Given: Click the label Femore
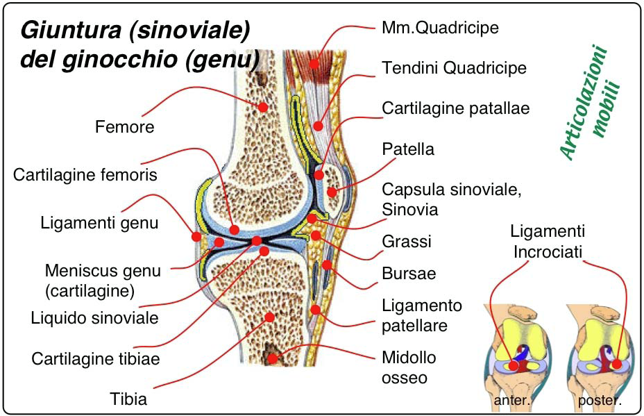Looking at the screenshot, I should (x=124, y=127).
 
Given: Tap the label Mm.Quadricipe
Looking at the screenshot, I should (x=440, y=28).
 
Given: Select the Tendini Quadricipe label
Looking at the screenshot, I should (x=454, y=67).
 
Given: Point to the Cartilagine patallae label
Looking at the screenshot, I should (x=456, y=108).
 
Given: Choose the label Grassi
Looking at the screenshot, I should (x=407, y=241).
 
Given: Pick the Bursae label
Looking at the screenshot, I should (x=409, y=273).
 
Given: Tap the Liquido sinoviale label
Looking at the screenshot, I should (x=95, y=318).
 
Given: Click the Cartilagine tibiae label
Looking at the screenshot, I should (x=96, y=359).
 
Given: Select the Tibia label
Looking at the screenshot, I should (x=128, y=399).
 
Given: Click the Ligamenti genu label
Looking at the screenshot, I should (x=99, y=224).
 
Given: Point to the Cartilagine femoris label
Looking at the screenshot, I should (x=85, y=174).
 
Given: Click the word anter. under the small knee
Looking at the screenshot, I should (x=511, y=401).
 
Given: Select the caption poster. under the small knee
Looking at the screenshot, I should (x=599, y=401).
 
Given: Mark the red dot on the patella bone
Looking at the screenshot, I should (x=332, y=192).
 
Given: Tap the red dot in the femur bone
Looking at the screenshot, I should (x=263, y=107).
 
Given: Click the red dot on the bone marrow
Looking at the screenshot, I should (x=273, y=358).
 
